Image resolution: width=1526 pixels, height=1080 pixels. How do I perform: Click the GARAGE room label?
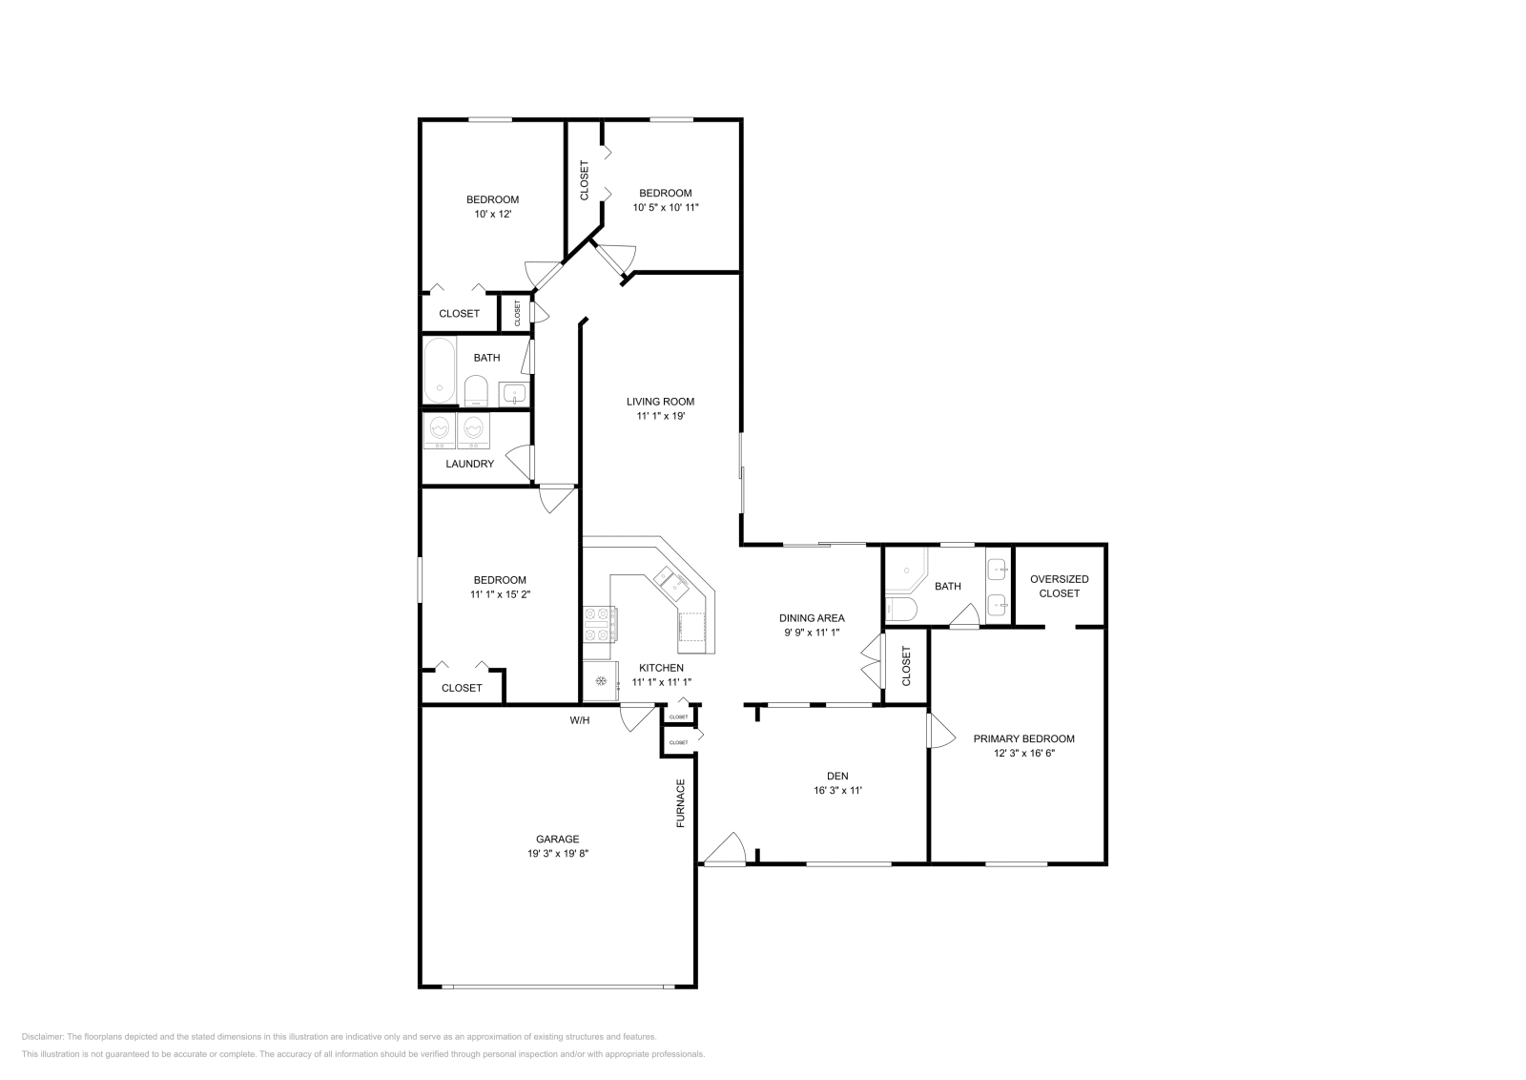(558, 840)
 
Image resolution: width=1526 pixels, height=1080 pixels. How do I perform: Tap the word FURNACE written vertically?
(681, 802)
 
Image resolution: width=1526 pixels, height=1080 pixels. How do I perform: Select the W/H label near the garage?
(580, 720)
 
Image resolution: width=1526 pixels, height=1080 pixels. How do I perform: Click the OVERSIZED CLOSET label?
(1059, 586)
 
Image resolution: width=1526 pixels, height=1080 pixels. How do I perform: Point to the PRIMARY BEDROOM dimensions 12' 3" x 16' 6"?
(1023, 753)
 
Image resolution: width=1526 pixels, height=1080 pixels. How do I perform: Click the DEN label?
(837, 776)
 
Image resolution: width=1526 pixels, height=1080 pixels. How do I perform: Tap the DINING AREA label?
(812, 617)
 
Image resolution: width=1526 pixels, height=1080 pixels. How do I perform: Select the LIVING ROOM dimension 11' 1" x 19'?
(660, 416)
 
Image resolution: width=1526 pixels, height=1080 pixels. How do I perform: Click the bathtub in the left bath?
(440, 370)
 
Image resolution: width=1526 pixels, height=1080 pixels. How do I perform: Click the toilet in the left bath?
(476, 389)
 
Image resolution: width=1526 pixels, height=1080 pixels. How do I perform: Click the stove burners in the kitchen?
(599, 625)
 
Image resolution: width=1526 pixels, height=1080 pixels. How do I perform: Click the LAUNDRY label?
(470, 464)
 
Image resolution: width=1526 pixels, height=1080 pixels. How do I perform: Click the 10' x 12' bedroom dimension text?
(492, 215)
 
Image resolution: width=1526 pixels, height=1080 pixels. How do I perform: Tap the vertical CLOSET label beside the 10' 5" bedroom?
(585, 180)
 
